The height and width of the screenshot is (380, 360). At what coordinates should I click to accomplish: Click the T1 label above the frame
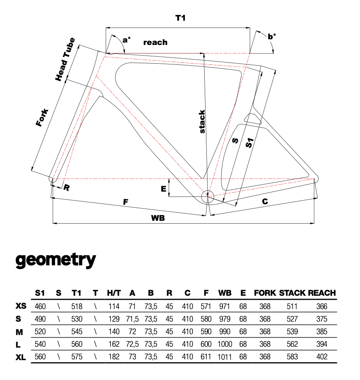(180, 18)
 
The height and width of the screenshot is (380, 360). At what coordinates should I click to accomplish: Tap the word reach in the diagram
(155, 42)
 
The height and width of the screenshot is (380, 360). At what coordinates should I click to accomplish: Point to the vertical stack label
(202, 122)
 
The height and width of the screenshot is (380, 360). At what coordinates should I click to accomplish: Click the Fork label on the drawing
(42, 117)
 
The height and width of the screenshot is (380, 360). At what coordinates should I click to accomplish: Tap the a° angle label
(126, 40)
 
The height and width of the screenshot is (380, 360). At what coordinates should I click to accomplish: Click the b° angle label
(271, 36)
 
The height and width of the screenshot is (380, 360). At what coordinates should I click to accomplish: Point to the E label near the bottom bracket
(163, 189)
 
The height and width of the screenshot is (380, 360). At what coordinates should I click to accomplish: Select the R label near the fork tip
(66, 188)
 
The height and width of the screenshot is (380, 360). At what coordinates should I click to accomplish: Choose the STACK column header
(292, 293)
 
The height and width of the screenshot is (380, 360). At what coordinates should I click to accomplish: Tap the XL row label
(21, 357)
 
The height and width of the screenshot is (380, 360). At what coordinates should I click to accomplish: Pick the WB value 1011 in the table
(225, 357)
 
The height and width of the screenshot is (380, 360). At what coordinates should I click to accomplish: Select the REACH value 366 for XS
(321, 306)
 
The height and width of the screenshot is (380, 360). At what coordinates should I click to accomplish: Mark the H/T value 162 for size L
(114, 344)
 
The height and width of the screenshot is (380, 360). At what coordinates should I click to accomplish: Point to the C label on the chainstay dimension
(264, 201)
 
